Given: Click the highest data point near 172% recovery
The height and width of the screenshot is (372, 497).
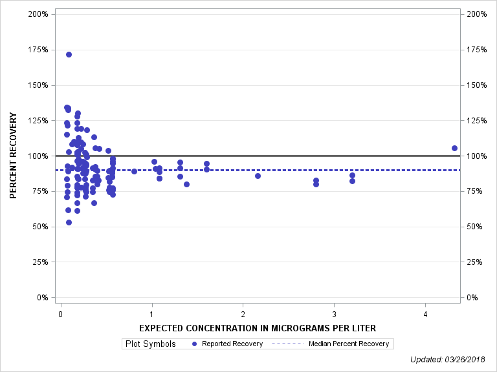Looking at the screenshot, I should [69, 54].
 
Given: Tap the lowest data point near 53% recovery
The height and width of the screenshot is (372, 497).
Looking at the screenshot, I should [69, 222].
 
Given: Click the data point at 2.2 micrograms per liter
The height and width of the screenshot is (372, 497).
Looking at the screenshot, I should [258, 176].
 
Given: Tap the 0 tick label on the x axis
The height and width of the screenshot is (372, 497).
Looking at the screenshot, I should [60, 315].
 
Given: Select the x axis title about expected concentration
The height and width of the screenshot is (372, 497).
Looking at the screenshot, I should [258, 328].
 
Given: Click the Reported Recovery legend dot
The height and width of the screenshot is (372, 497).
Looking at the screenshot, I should [195, 344].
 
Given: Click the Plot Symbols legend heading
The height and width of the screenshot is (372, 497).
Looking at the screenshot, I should [150, 344].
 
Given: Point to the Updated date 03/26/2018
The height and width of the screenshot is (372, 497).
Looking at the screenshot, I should [450, 360].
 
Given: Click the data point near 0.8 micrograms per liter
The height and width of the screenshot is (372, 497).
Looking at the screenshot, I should [134, 171].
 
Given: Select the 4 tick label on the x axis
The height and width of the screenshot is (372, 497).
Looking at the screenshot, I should [425, 315].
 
